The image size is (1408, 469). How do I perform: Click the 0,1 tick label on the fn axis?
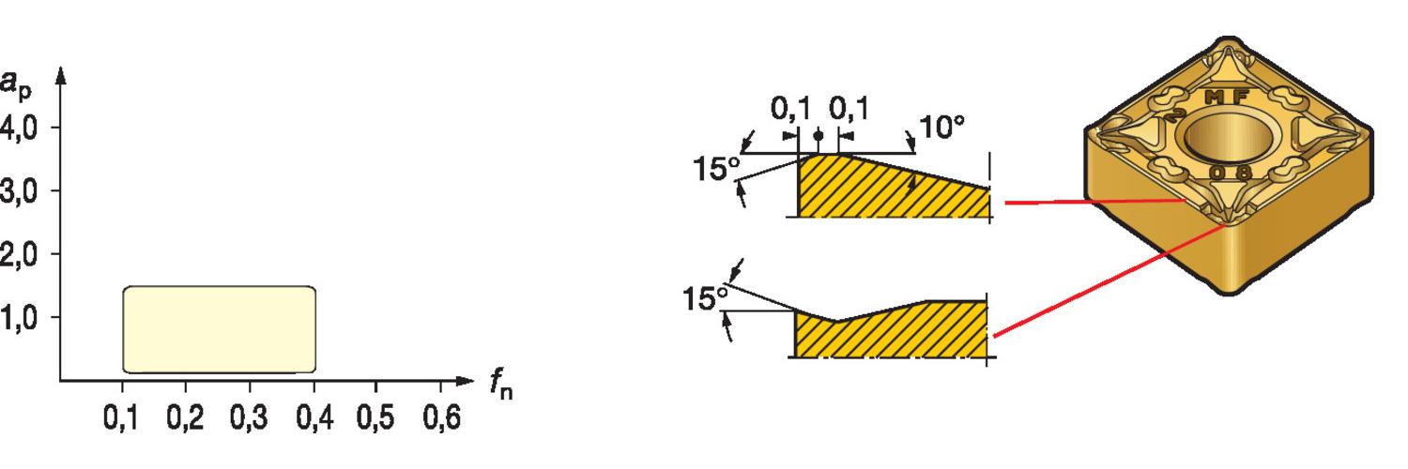pos(120,417)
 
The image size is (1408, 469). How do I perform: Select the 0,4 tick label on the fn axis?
pos(314,417)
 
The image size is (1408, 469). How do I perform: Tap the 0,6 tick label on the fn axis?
pos(442,417)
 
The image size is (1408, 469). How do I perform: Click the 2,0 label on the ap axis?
pos(18,255)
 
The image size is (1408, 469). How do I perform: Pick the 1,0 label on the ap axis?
pos(18,318)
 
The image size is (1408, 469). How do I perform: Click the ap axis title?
pos(16,85)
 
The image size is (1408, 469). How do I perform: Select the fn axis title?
pos(501,384)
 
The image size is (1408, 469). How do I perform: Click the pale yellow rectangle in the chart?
pos(220,329)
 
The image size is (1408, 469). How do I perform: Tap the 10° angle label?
pos(941,128)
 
